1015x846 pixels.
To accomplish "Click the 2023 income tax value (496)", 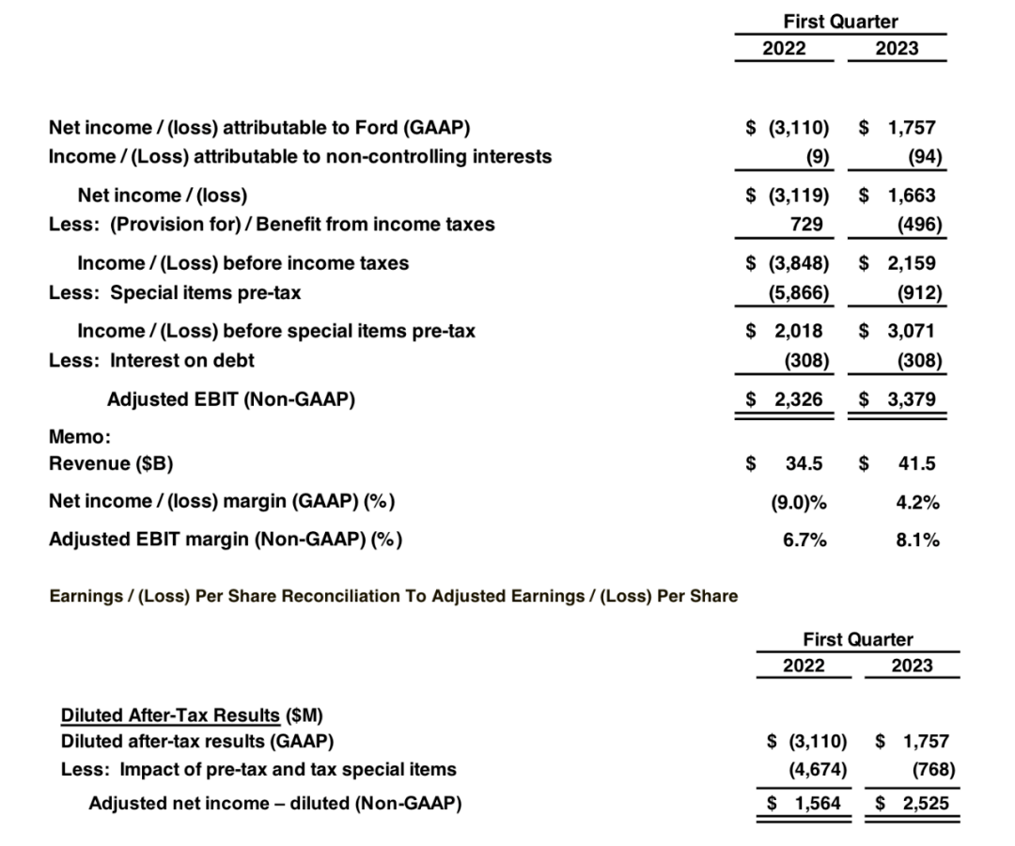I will (x=919, y=224).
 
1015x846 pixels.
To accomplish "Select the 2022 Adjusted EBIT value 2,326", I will (x=798, y=399).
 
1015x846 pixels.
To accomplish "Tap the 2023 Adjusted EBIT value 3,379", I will (x=911, y=399).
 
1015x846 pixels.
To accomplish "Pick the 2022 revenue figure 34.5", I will (x=804, y=462).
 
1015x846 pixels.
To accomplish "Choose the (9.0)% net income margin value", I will (x=798, y=502).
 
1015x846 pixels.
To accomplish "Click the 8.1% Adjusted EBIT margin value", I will (x=917, y=540).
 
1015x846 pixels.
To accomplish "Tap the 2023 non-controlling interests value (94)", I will (x=925, y=156).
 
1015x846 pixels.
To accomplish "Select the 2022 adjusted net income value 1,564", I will (x=816, y=803).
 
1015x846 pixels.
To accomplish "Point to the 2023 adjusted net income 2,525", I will (x=925, y=803).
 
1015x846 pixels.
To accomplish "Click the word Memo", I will (x=78, y=436).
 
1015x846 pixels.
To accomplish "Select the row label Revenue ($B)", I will (x=110, y=462).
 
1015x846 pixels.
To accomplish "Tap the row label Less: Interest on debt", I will (x=151, y=359).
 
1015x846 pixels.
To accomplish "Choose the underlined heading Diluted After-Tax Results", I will (x=170, y=714).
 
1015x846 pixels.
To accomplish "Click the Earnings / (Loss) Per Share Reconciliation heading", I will (x=393, y=596).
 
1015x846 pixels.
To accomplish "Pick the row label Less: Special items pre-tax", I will (x=175, y=291).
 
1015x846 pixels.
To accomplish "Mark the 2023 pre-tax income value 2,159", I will (x=911, y=263).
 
